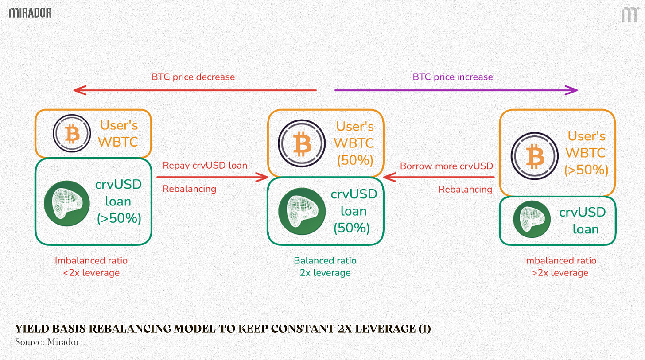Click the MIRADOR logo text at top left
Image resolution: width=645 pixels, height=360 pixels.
click(30, 12)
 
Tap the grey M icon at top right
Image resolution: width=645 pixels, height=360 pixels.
click(629, 14)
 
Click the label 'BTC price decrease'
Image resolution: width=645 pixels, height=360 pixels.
click(193, 77)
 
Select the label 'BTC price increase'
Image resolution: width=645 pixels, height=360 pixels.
click(453, 77)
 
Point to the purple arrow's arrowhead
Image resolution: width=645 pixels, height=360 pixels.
click(573, 90)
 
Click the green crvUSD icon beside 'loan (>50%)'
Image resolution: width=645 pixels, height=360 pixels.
click(65, 202)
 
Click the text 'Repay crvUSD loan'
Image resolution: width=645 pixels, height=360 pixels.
click(205, 166)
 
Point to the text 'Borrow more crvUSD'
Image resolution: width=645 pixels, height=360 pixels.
click(446, 166)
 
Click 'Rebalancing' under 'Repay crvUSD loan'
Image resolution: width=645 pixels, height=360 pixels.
click(189, 189)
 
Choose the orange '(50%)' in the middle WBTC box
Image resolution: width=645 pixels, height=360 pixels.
click(354, 160)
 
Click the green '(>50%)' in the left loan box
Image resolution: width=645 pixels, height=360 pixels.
click(119, 218)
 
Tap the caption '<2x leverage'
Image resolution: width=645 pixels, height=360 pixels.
click(91, 273)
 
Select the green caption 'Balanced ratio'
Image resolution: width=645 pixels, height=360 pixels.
click(325, 261)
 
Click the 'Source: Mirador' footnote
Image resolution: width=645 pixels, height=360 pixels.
click(47, 342)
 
